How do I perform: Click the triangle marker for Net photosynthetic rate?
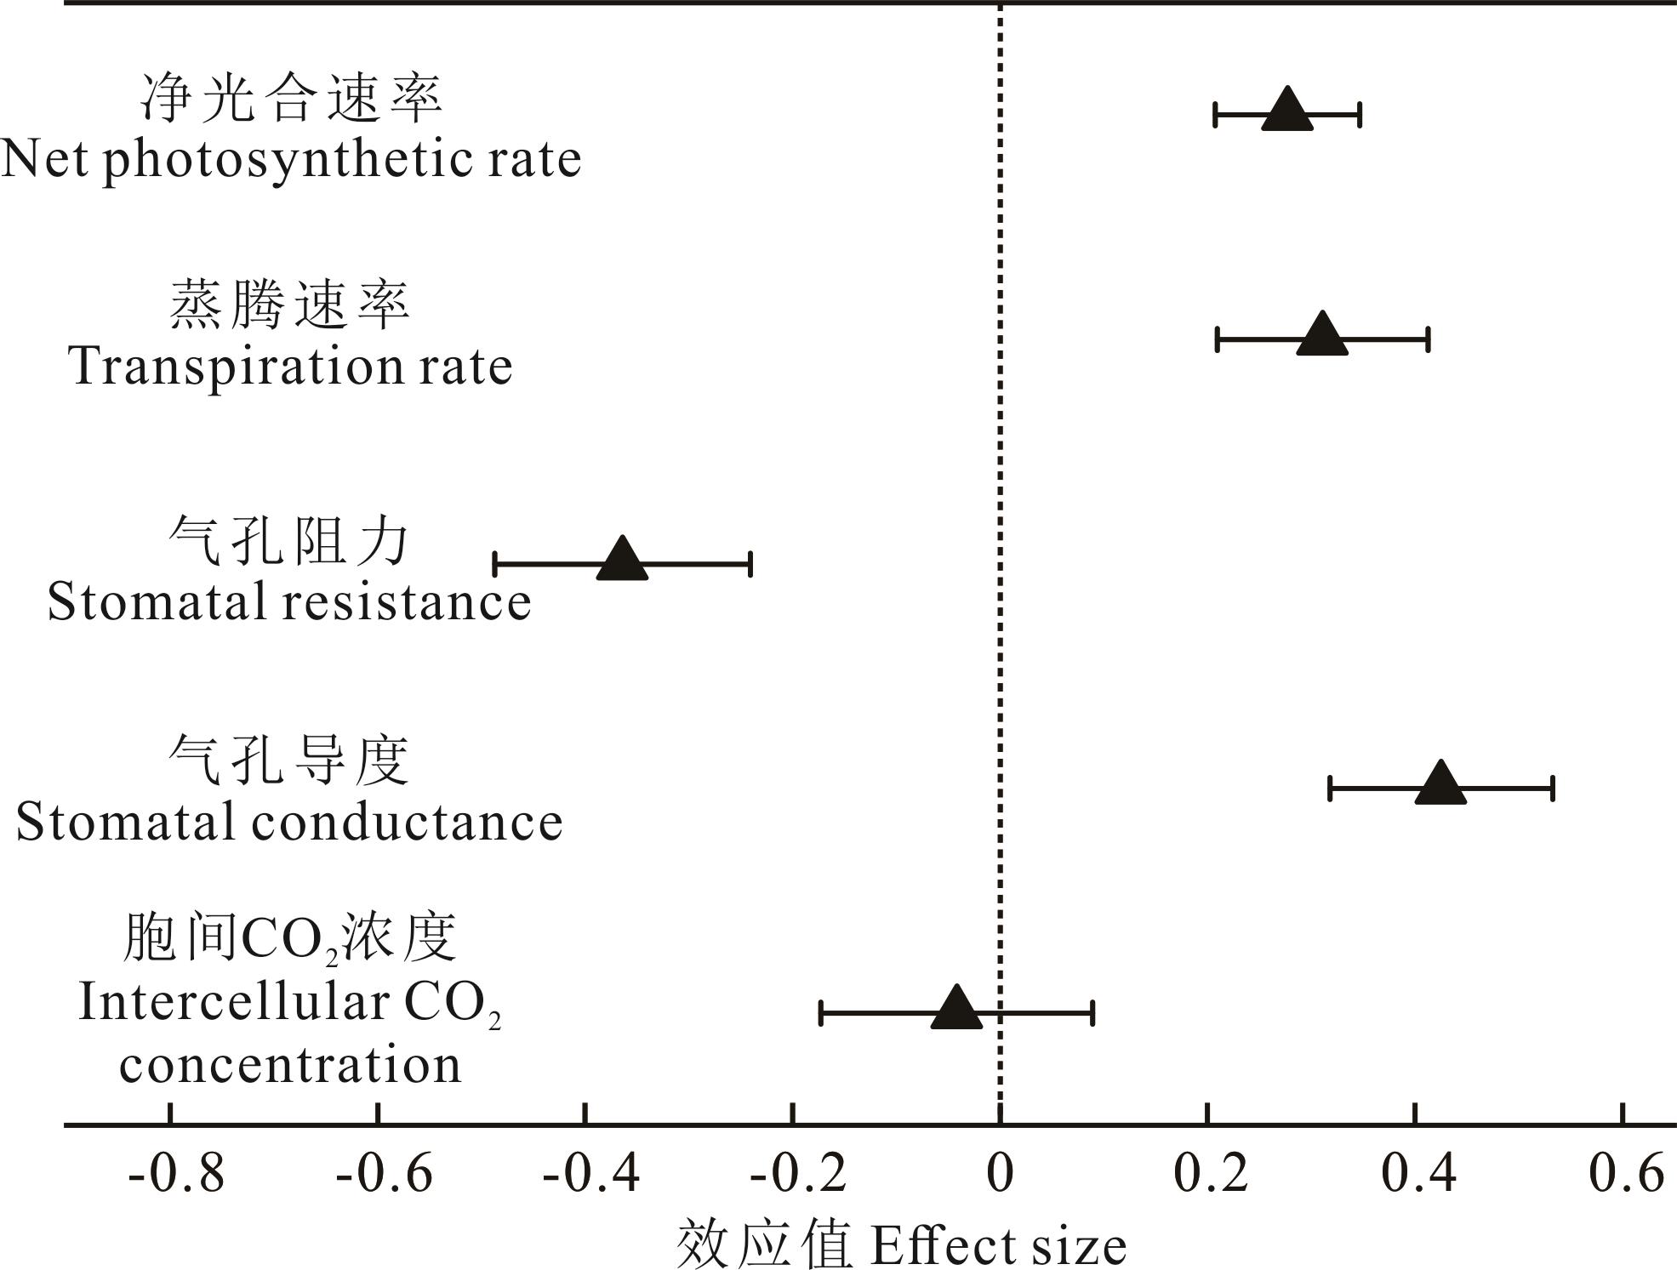(1286, 111)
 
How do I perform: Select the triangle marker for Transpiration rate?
(1322, 336)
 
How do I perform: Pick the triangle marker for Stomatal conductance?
(1440, 785)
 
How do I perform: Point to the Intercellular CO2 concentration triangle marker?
(956, 1010)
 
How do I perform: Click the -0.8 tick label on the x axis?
(176, 1174)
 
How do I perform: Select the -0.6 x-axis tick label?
(384, 1174)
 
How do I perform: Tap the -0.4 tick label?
(591, 1174)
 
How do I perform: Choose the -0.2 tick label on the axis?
(798, 1174)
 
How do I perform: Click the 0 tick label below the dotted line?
(1000, 1174)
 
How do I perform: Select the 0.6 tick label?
(1626, 1174)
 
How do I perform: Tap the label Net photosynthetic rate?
(291, 159)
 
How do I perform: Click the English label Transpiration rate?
(291, 367)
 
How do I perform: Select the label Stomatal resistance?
(289, 601)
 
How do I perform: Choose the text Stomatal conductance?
(289, 823)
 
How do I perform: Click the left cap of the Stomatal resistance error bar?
(495, 564)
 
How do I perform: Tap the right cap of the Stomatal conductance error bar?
(1553, 789)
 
